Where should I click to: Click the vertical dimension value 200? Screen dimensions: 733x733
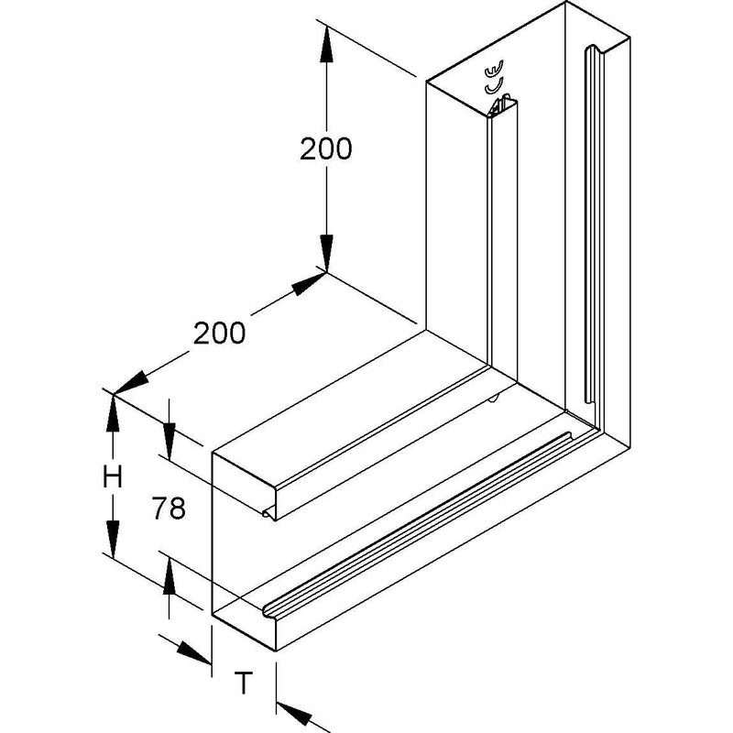[325, 148]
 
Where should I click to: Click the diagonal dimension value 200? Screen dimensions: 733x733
[219, 333]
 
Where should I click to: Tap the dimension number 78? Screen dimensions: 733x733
[169, 509]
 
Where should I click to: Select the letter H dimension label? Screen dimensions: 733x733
[113, 477]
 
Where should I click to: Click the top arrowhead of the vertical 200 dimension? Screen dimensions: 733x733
[326, 44]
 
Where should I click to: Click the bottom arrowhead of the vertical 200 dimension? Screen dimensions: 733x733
[326, 254]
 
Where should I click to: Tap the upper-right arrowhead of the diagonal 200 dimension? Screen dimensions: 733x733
[309, 284]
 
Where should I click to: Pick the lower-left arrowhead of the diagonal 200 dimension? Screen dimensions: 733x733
[130, 383]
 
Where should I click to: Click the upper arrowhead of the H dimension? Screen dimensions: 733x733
[113, 413]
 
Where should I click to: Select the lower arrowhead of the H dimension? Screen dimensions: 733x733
[113, 539]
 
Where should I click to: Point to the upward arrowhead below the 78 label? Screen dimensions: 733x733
[170, 576]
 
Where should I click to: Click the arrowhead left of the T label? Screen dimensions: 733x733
[194, 652]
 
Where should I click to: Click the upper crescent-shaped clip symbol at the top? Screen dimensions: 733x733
[494, 68]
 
